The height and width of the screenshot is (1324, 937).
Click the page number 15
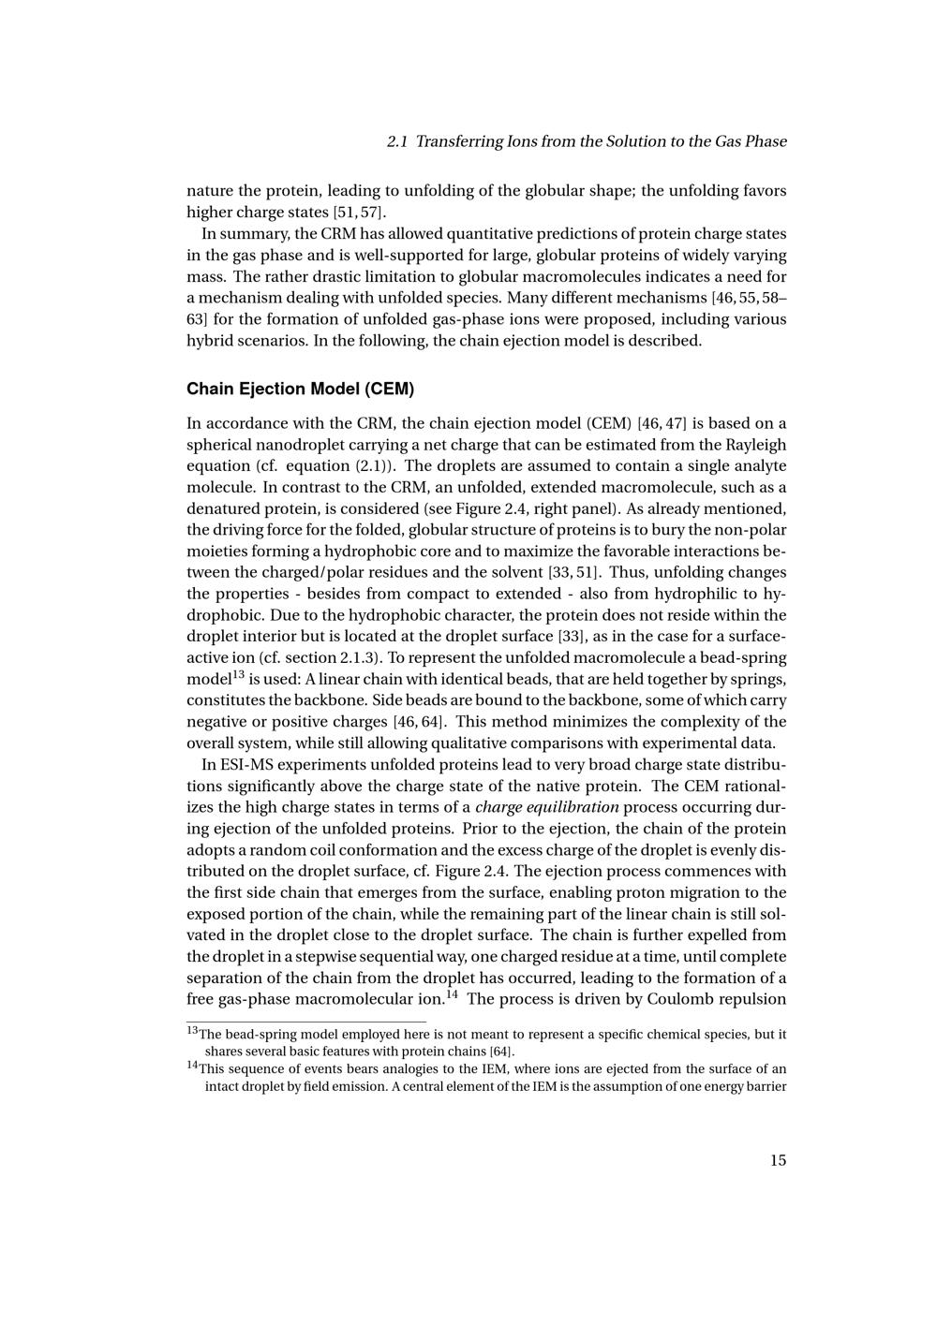click(x=778, y=1160)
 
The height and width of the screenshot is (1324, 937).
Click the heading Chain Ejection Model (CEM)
click(x=300, y=389)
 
